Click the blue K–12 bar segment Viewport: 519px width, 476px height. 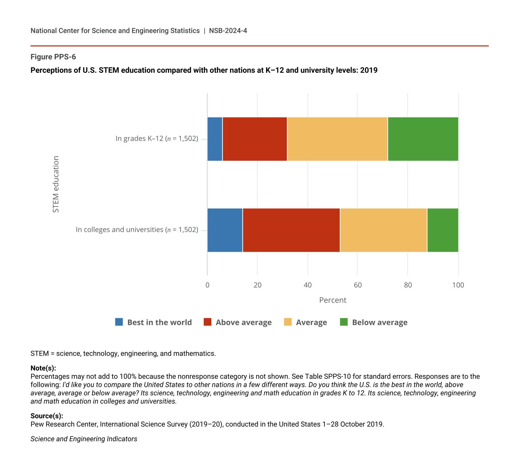[215, 139]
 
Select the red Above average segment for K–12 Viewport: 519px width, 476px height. [255, 139]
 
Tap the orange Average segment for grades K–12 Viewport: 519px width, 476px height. [337, 139]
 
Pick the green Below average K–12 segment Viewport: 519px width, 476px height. [423, 139]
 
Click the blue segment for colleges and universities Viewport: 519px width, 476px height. [225, 230]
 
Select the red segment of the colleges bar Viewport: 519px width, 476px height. [291, 230]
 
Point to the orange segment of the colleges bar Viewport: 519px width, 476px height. [383, 230]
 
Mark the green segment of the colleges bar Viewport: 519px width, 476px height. [443, 230]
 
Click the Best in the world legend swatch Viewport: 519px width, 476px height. [119, 322]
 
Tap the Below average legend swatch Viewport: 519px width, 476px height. [344, 322]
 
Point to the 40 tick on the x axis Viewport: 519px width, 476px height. [308, 285]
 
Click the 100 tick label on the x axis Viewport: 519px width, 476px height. [458, 285]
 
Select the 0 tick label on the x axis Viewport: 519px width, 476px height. [207, 285]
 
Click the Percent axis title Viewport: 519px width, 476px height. [333, 300]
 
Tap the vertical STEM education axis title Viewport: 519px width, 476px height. [56, 184]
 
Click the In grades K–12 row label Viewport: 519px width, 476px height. [157, 139]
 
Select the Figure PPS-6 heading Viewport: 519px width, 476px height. [53, 57]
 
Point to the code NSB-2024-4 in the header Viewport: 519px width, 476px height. [228, 31]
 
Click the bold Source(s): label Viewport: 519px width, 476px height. [47, 416]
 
